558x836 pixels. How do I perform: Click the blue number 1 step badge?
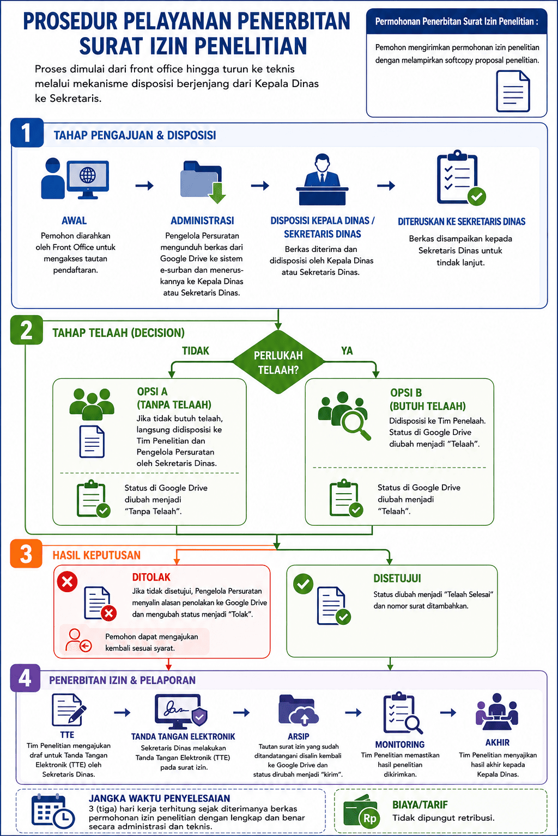[x=27, y=132]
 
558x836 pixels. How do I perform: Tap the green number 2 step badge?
[x=27, y=330]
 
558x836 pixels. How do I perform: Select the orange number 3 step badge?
[x=26, y=554]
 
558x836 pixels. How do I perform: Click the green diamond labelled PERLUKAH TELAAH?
[x=278, y=361]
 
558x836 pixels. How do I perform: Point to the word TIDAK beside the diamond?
[x=196, y=351]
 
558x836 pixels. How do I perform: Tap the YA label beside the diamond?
[x=347, y=351]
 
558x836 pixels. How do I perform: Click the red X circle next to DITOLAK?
[x=67, y=581]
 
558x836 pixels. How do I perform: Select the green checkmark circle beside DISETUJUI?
[x=303, y=583]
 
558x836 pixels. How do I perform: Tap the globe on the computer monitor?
[x=87, y=175]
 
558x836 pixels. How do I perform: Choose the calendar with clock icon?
[x=53, y=813]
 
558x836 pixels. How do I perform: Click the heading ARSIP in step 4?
[x=298, y=736]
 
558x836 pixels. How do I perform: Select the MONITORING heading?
[x=400, y=745]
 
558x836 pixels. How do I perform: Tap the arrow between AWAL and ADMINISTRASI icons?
[x=144, y=186]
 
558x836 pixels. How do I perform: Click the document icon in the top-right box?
[x=513, y=91]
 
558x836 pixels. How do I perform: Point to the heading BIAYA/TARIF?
[x=420, y=804]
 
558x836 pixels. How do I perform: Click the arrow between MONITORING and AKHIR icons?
[x=448, y=712]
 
